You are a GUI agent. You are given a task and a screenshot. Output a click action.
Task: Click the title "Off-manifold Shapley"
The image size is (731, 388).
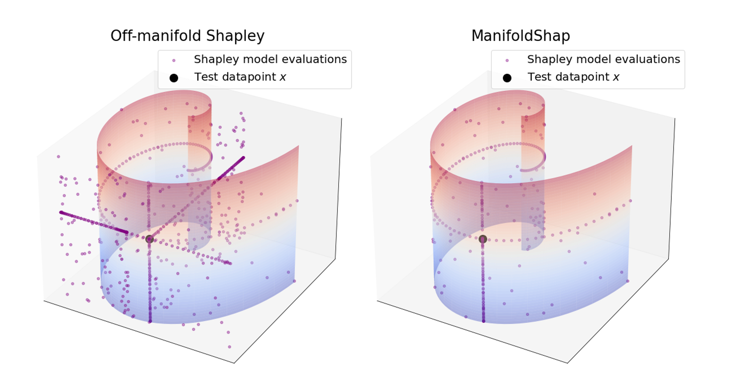(187, 36)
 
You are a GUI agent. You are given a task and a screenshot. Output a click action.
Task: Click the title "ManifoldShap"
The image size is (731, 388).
(520, 36)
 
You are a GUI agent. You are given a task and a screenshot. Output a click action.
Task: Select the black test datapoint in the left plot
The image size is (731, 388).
(150, 239)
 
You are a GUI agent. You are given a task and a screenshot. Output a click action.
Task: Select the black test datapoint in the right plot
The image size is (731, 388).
(483, 239)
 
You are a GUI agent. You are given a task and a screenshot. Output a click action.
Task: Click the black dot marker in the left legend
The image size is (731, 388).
(174, 78)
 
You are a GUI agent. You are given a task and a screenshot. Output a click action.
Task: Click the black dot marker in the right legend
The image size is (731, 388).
(507, 78)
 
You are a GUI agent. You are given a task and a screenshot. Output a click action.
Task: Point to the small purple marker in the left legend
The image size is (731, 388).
(174, 60)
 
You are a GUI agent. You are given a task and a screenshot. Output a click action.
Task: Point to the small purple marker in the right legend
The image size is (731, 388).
(507, 60)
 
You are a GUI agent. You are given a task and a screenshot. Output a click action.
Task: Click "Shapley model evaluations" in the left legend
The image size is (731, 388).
(270, 59)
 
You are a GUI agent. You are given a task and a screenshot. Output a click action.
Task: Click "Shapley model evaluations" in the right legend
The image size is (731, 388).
(603, 59)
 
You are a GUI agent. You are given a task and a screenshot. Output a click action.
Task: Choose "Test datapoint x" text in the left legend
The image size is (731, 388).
(240, 77)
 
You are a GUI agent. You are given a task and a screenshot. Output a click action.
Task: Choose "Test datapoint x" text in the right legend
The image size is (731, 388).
(573, 77)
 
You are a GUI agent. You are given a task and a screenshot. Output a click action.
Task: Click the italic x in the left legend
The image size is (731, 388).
(283, 78)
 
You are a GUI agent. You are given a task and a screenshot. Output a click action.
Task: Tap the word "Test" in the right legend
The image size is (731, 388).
(540, 77)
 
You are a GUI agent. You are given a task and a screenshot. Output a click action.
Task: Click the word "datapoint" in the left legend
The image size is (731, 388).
(249, 77)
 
